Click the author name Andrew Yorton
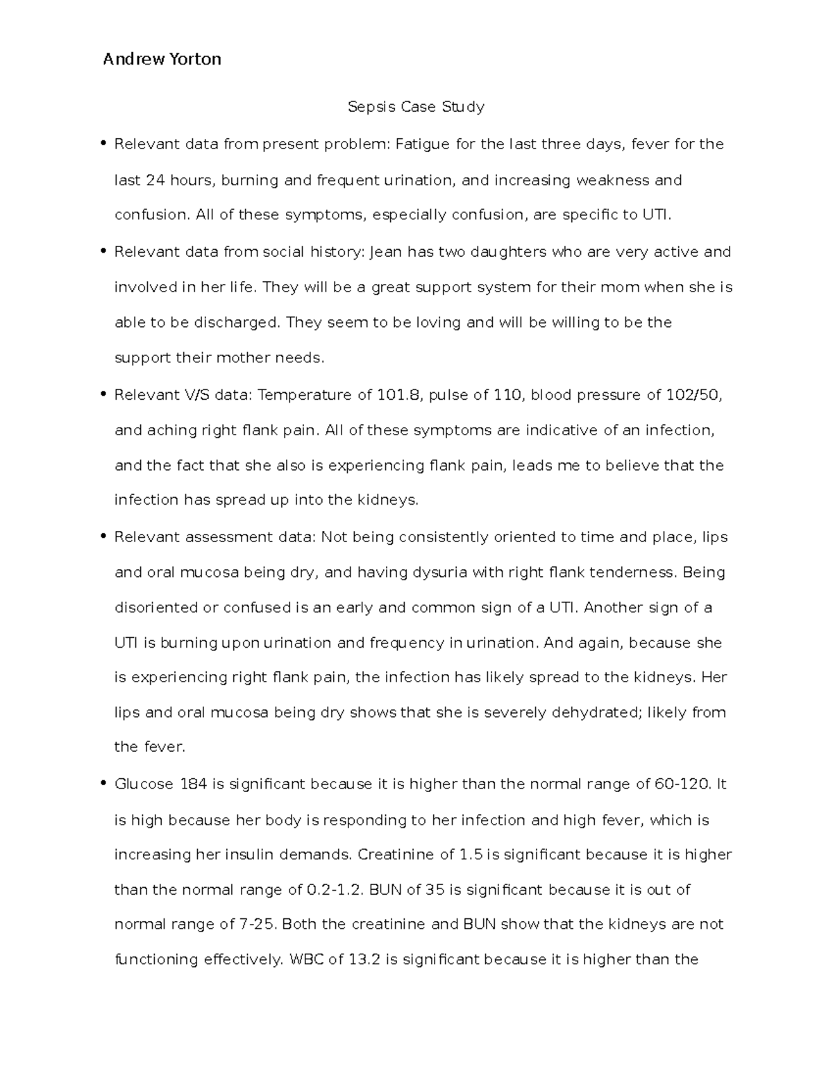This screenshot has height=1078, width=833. [162, 60]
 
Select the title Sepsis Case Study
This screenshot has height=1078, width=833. [416, 107]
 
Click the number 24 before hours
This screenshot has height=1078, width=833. [154, 180]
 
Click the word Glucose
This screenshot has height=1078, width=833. [144, 784]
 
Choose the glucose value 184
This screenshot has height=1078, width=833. [193, 784]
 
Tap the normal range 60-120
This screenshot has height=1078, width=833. [682, 784]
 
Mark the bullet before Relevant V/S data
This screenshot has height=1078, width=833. [103, 394]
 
